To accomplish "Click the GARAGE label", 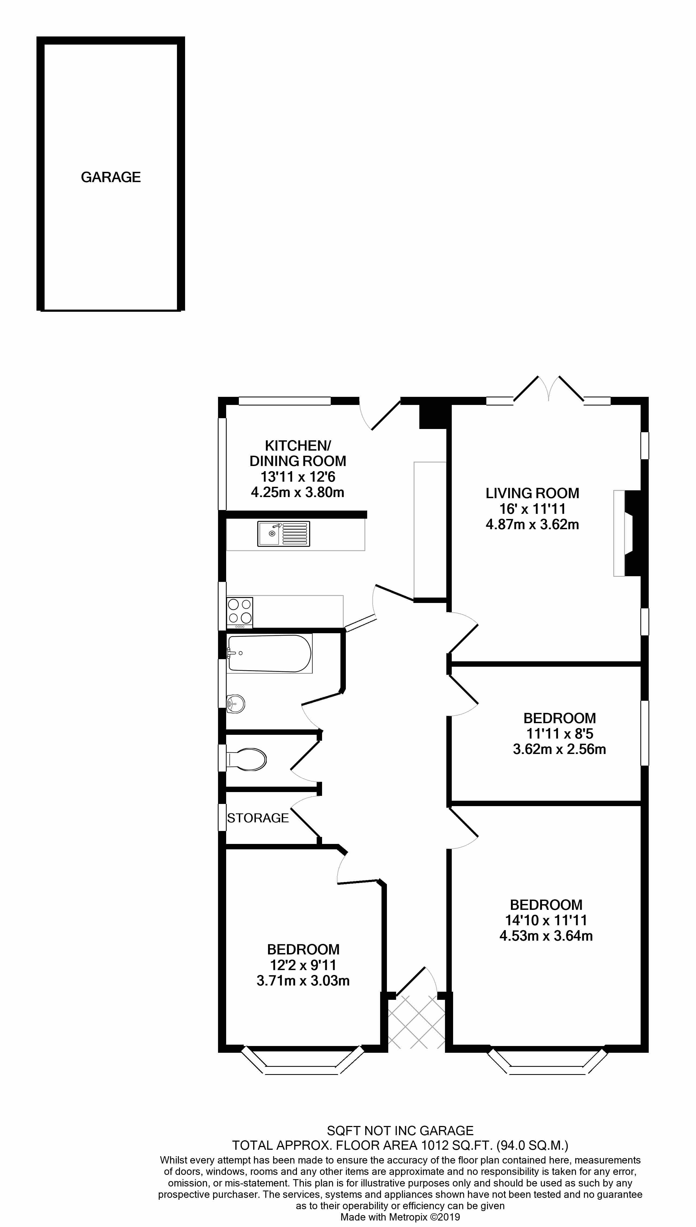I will click(111, 177).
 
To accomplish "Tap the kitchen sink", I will click(283, 534).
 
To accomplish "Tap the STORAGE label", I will click(258, 818).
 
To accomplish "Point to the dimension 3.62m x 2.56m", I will click(559, 749).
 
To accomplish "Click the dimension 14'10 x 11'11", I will click(546, 920).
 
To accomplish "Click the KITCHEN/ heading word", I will click(298, 446).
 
